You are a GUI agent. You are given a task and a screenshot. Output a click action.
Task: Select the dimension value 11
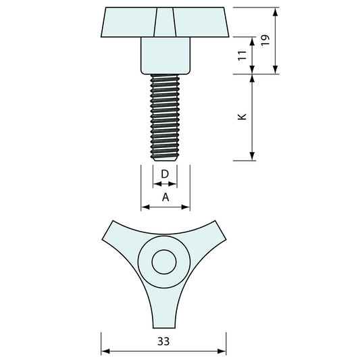(x=242, y=56)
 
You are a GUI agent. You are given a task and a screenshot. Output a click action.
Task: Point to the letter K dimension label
(x=242, y=117)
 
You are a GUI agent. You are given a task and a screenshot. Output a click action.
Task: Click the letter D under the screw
(x=165, y=174)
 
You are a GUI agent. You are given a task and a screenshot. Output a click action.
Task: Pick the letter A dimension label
(x=165, y=197)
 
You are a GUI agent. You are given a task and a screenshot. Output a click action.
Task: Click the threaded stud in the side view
(x=165, y=115)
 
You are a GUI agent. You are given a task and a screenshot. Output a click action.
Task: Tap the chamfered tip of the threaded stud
(x=165, y=158)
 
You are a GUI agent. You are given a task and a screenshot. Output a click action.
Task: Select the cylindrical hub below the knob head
(x=165, y=55)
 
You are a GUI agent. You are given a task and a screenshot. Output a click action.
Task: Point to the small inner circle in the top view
(x=163, y=262)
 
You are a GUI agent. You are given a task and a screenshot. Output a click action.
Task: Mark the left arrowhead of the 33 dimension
(x=105, y=351)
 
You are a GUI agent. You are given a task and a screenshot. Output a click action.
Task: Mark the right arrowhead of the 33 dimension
(x=223, y=351)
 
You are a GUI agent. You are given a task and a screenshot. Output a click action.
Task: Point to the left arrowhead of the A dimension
(x=145, y=207)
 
